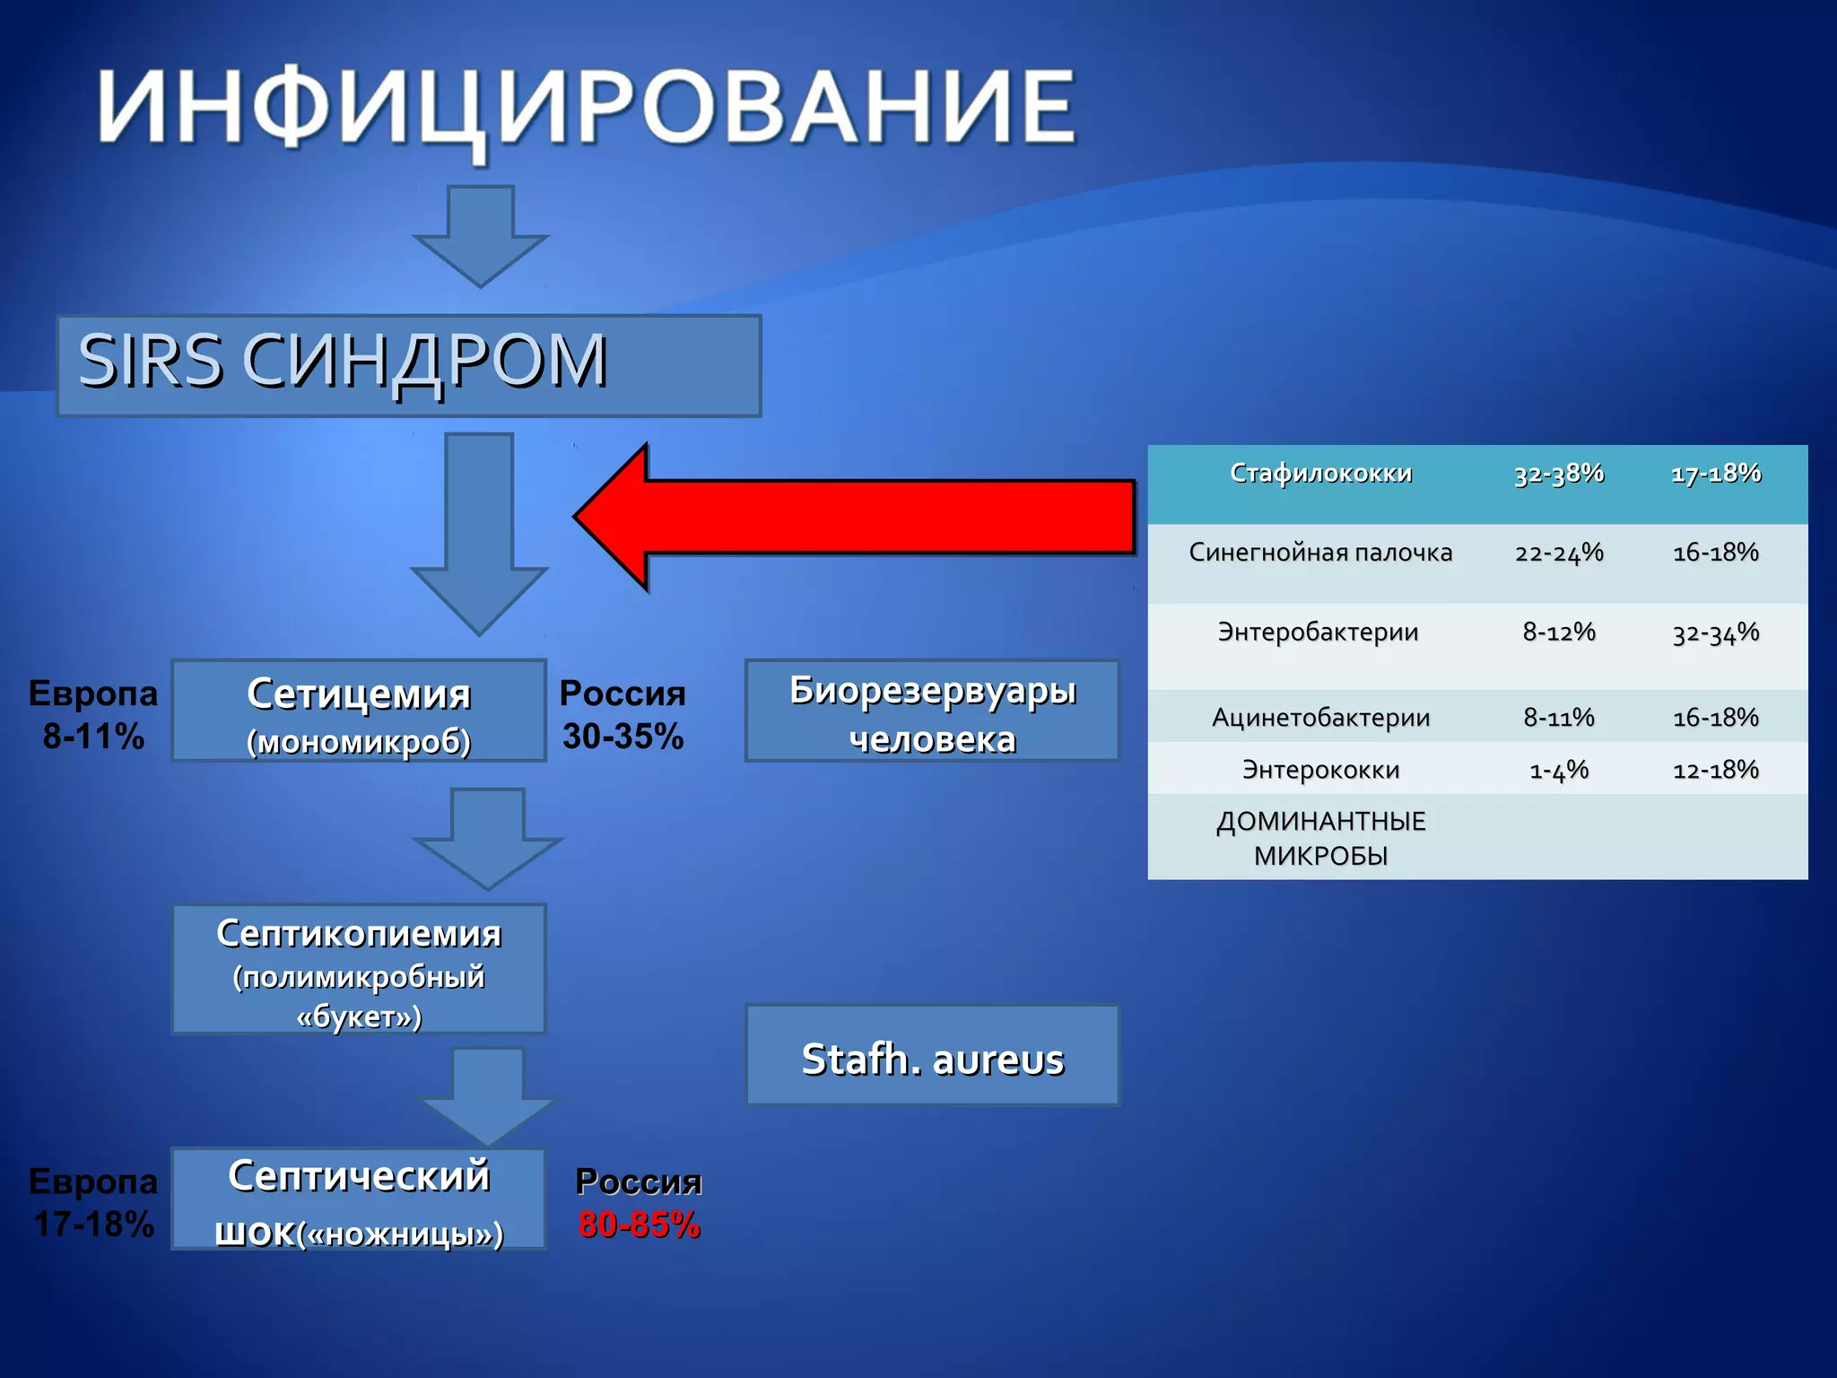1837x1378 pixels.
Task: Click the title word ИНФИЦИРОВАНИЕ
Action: click(588, 108)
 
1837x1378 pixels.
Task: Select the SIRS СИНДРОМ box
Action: click(408, 365)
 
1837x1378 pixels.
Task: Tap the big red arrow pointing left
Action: click(852, 518)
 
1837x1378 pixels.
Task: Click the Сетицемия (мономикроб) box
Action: click(359, 711)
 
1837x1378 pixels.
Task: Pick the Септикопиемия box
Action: click(359, 970)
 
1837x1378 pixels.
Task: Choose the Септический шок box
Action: click(359, 1199)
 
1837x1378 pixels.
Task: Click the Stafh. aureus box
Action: click(933, 1056)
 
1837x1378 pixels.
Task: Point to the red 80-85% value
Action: click(639, 1225)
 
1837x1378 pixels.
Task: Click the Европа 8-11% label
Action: click(93, 714)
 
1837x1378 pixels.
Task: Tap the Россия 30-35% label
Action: click(622, 714)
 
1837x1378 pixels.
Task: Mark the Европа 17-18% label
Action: click(93, 1202)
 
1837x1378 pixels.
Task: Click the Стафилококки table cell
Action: click(1320, 474)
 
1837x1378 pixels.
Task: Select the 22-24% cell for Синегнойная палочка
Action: click(1559, 553)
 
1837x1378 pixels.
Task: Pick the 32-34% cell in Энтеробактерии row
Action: click(1716, 633)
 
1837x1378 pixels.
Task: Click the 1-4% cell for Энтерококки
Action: click(1559, 770)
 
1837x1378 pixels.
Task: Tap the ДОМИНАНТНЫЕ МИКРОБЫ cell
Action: click(1320, 837)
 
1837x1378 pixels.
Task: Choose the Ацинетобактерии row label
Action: click(1320, 717)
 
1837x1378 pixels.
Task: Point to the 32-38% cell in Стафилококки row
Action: click(1559, 474)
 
